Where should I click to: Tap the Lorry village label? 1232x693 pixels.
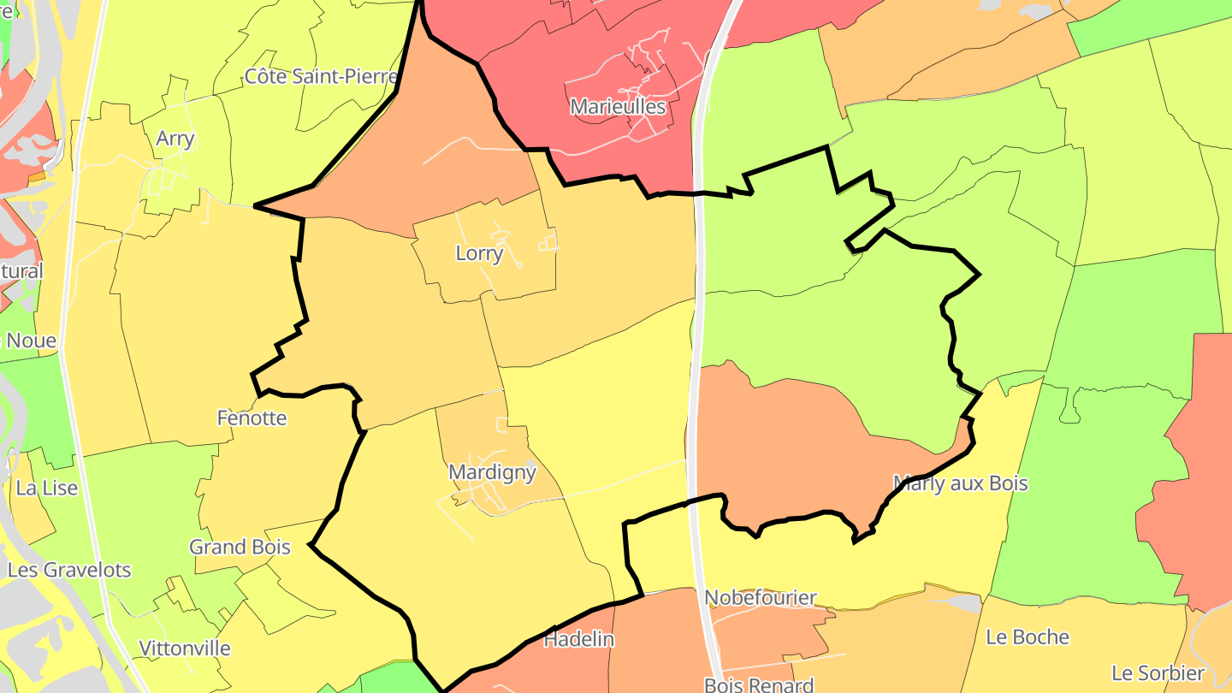[479, 253]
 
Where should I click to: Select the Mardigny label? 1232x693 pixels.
[492, 472]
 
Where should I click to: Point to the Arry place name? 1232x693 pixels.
[175, 139]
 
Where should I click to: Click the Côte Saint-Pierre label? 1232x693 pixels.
[321, 77]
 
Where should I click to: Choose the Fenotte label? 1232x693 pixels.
[252, 418]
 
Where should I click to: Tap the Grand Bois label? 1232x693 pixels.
[240, 547]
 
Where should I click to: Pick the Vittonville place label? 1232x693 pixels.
[185, 649]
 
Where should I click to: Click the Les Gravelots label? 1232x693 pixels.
[69, 570]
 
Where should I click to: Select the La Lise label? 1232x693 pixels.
[47, 489]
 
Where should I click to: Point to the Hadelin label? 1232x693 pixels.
[579, 639]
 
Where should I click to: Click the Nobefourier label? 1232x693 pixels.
[761, 597]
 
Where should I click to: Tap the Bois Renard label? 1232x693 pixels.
[758, 684]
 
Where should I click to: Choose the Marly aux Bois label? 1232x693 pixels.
[960, 483]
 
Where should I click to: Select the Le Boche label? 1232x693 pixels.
[1028, 637]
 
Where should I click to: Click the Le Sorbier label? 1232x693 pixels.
[1158, 672]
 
